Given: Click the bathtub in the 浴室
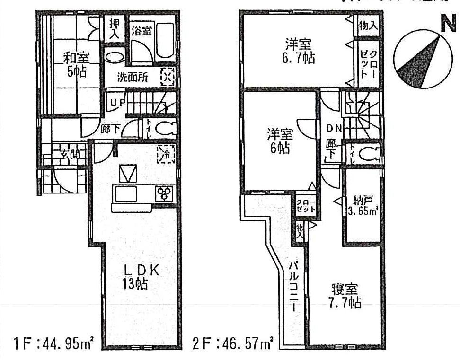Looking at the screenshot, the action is click(x=164, y=43).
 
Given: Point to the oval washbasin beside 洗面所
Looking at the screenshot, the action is click(x=114, y=57).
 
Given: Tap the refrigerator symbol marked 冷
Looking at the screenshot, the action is click(x=166, y=154).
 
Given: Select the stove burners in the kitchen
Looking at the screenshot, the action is click(x=165, y=193).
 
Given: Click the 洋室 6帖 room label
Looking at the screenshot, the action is click(x=280, y=141).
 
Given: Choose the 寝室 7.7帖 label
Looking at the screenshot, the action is click(x=345, y=295).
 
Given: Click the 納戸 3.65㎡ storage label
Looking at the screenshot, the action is click(x=363, y=204).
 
